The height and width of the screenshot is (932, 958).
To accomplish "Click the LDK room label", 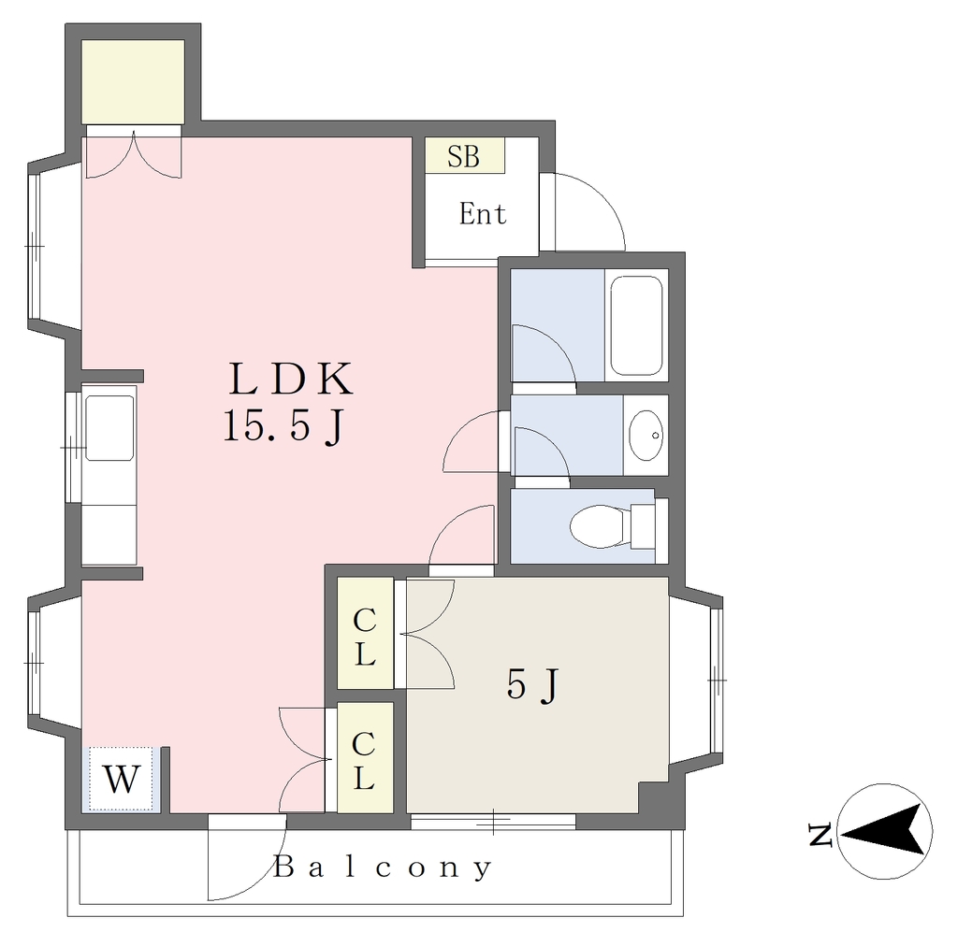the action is point(291,379).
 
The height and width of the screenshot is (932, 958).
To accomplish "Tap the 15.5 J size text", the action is point(284,426).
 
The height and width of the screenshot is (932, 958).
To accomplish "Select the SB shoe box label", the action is point(464,156).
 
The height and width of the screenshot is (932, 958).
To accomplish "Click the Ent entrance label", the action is point(483,214).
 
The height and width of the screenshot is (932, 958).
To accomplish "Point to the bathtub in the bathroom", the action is point(636,326).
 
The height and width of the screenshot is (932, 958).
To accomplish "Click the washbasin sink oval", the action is point(646,436).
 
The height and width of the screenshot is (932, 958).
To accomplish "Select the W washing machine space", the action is point(121,779).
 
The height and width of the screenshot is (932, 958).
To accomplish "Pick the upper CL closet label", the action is point(365,638).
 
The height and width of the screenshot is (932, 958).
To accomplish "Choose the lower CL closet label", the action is point(364,761).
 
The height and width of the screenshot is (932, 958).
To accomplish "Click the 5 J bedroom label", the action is point(532,684).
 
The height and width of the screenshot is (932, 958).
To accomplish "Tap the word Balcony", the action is point(383,867).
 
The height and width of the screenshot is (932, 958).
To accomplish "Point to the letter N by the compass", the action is point(820,836).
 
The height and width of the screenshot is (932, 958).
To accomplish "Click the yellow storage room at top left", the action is point(133,81).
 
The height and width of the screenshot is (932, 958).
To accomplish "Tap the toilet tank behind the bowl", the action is point(643,525).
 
